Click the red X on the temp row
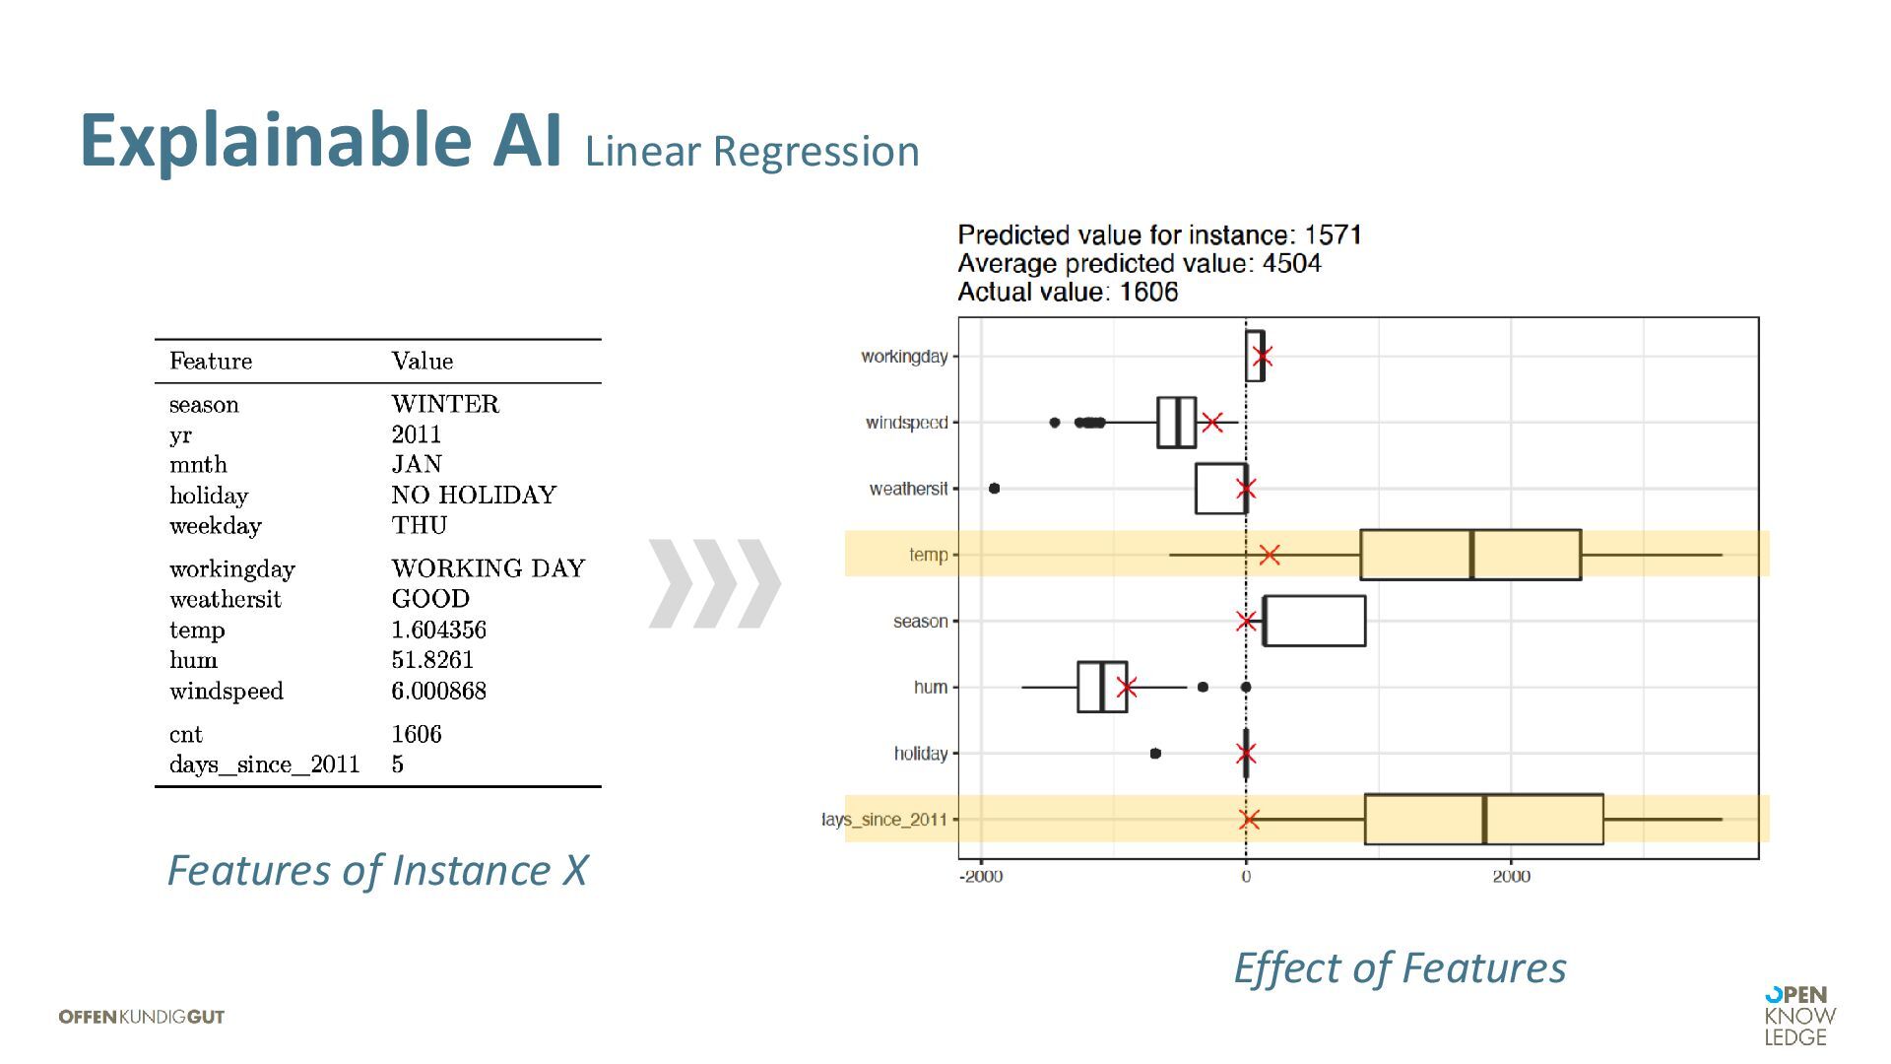click(x=1270, y=555)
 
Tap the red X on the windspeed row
click(x=1212, y=423)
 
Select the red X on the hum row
click(x=1127, y=688)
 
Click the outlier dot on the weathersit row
click(x=994, y=489)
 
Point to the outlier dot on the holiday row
click(x=1155, y=754)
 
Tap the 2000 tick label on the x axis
click(x=1511, y=877)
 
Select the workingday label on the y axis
click(x=904, y=356)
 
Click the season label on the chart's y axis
click(x=920, y=622)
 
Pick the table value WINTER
click(x=445, y=404)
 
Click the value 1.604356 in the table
click(x=438, y=630)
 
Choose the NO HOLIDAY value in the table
click(x=474, y=495)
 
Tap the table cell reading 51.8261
click(x=432, y=660)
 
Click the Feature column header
click(x=211, y=361)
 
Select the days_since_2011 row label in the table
click(x=264, y=765)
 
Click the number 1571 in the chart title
click(x=1333, y=235)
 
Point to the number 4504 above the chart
click(x=1291, y=264)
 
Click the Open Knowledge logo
click(x=1799, y=1016)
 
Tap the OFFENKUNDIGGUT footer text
click(x=142, y=1017)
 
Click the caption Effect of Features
click(x=1400, y=967)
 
